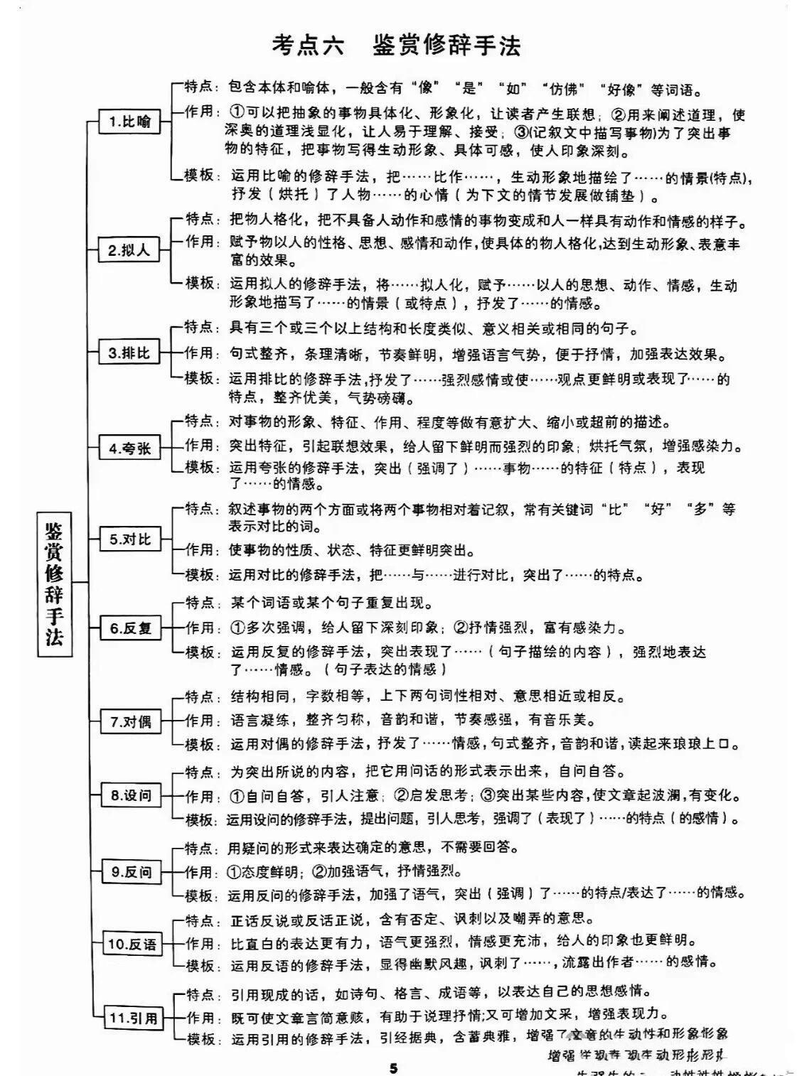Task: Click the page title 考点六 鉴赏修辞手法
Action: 396,45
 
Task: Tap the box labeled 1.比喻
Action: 129,122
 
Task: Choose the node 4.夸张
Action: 129,448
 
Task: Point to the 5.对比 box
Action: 129,539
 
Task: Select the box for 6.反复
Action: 131,628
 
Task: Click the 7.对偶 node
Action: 131,722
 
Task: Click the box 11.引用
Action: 132,1018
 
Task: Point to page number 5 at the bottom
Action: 394,1068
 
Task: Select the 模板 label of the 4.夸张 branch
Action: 199,467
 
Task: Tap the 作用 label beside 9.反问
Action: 199,871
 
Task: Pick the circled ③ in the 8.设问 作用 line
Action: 488,795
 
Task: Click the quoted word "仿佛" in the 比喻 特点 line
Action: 562,89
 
